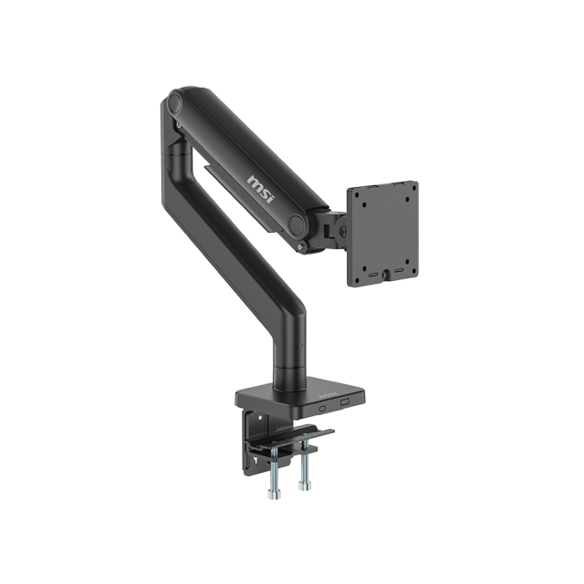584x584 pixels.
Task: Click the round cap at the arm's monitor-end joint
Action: coord(298,224)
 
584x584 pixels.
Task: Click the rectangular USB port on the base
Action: coord(346,403)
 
